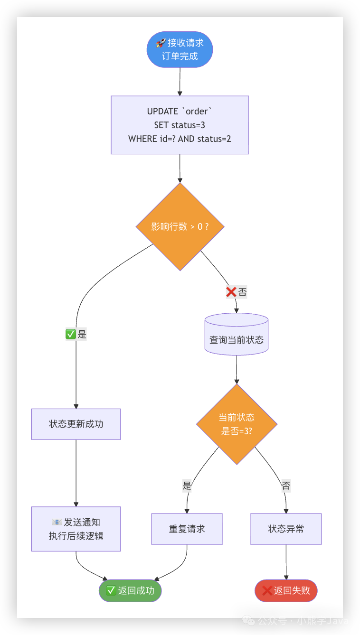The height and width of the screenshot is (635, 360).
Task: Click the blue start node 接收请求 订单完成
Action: tap(180, 49)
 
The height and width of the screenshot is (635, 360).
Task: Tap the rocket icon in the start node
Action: tap(161, 43)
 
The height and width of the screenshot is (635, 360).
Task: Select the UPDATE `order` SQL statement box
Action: tap(180, 125)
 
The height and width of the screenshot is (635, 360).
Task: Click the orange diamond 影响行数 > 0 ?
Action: tap(180, 226)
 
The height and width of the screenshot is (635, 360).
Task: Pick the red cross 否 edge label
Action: tap(236, 292)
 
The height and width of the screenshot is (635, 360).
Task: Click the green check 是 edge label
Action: tap(76, 334)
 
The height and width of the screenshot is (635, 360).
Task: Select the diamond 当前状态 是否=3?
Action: tap(237, 424)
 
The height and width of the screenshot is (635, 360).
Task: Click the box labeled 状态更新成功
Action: tap(76, 424)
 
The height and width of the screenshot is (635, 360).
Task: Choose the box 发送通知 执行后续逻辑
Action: tap(76, 529)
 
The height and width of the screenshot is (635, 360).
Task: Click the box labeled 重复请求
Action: tap(187, 529)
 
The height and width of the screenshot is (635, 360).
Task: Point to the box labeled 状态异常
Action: tap(286, 529)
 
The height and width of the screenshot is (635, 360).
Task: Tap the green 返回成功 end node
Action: tap(130, 590)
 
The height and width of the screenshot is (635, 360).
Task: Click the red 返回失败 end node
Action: tap(286, 590)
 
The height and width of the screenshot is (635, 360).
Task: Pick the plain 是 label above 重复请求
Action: tap(187, 486)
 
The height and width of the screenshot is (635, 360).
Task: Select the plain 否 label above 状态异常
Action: tap(286, 486)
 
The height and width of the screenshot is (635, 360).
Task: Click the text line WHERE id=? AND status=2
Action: tap(180, 139)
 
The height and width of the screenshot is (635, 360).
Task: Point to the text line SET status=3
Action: tap(180, 125)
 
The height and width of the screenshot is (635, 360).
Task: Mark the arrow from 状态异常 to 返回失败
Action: tap(286, 562)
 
